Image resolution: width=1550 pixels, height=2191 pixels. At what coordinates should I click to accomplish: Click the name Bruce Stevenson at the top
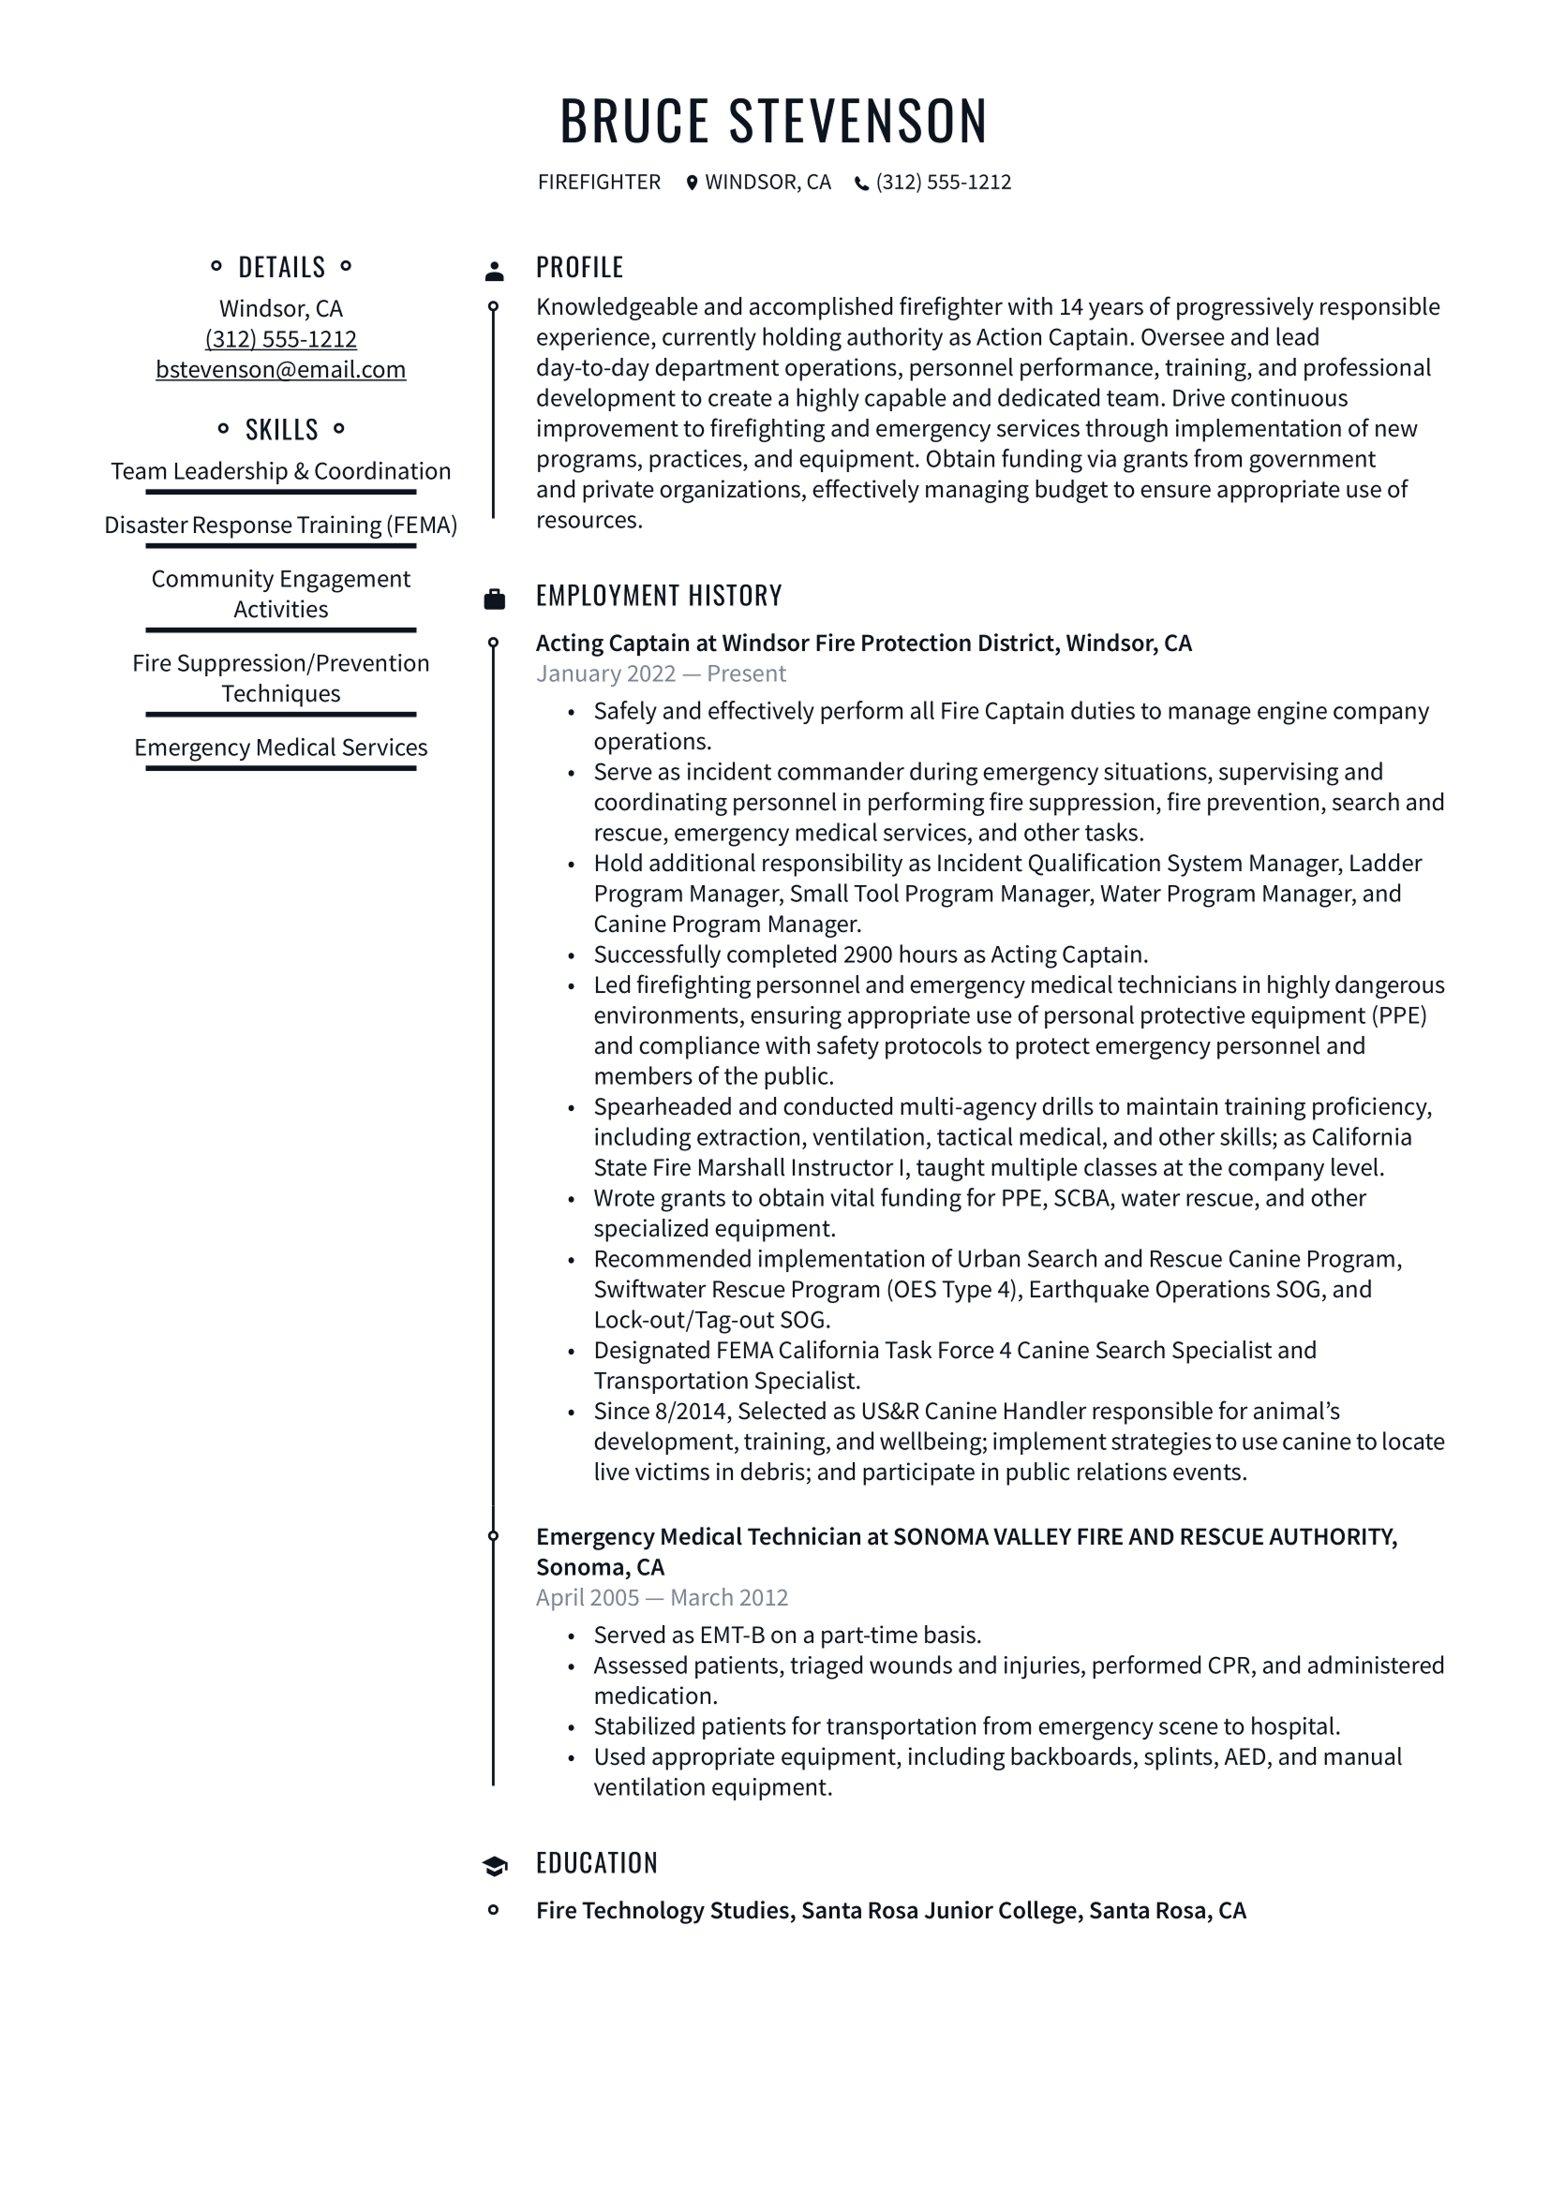click(774, 121)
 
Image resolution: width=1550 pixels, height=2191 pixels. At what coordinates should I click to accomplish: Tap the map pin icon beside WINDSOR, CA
click(692, 183)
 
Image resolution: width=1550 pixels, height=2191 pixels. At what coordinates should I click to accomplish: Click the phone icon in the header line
click(861, 184)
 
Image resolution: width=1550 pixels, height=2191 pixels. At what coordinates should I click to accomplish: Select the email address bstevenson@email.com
click(280, 369)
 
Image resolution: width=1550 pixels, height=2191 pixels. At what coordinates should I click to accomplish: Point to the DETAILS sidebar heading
click(280, 267)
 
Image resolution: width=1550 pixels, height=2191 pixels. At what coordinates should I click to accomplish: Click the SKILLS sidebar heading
click(280, 429)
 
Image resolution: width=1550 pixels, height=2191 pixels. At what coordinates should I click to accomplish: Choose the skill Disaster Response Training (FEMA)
click(280, 525)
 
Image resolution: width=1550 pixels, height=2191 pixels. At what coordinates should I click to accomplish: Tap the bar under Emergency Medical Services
click(280, 768)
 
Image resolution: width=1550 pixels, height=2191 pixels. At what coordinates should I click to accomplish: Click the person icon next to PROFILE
click(495, 271)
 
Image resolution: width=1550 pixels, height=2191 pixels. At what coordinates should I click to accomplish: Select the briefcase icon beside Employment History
click(495, 600)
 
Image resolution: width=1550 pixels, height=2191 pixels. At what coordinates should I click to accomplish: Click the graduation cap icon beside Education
click(495, 1867)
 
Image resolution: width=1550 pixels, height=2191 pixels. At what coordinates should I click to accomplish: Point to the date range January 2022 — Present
click(661, 674)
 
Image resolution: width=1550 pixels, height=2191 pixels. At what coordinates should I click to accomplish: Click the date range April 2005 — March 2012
click(662, 1597)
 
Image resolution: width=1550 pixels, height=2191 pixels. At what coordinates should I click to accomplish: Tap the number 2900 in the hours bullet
click(868, 955)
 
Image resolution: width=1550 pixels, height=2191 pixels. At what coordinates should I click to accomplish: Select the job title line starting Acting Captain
click(864, 644)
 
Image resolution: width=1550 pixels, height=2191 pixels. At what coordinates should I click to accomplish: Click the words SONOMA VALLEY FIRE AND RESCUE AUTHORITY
click(1145, 1536)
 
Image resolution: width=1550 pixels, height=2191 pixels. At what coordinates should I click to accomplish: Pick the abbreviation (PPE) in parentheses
click(1398, 1015)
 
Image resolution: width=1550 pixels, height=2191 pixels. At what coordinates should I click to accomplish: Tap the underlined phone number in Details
click(280, 339)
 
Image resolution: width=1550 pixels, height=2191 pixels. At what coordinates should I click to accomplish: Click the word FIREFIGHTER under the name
click(600, 183)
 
